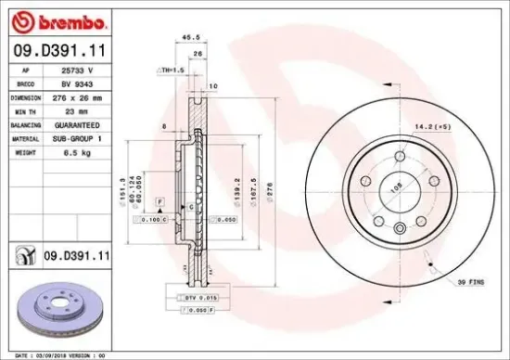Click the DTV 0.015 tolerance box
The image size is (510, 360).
(x=200, y=296)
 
